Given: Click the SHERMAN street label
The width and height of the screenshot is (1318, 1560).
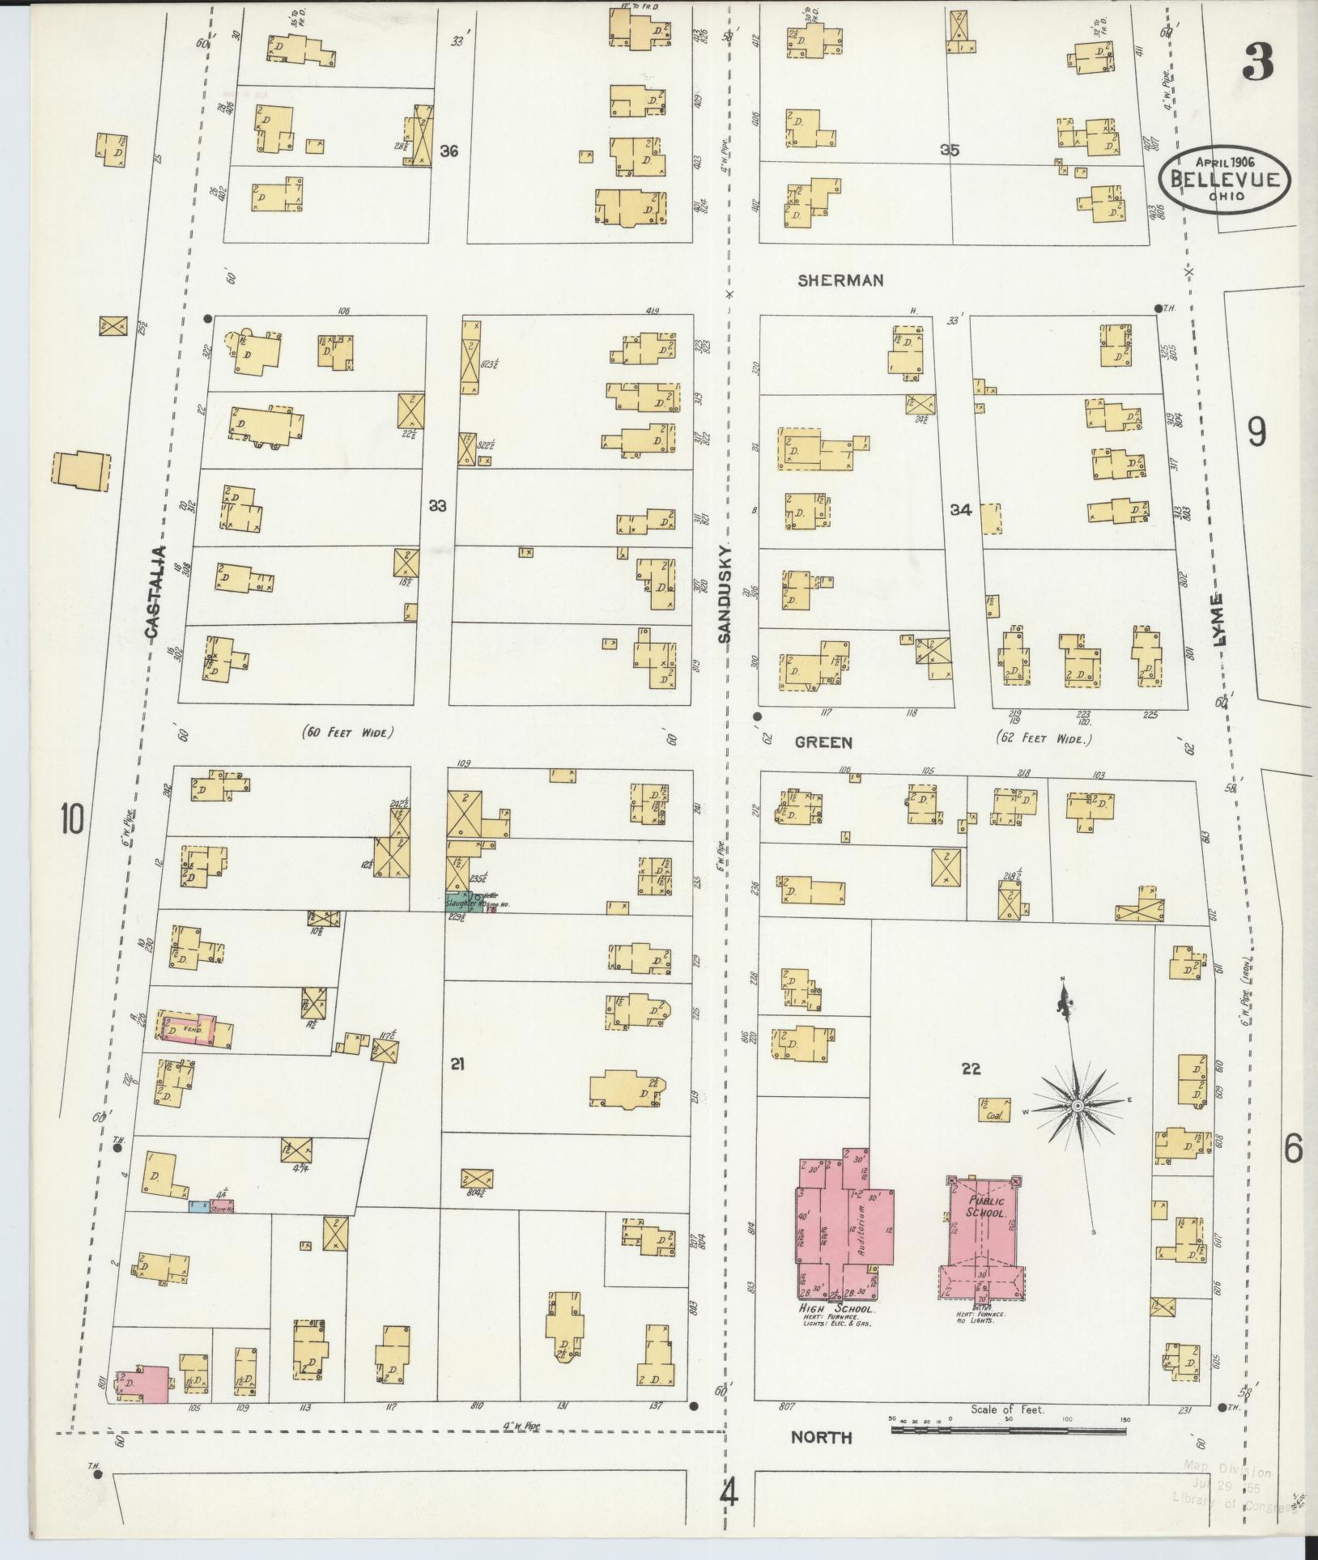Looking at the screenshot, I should (840, 280).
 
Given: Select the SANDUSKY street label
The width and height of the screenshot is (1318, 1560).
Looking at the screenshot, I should (724, 594).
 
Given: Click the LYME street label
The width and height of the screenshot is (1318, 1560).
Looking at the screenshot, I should (1219, 619).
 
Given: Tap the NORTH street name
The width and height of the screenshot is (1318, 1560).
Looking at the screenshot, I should (821, 1438).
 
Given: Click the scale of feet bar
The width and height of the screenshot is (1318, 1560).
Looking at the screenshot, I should (1008, 1431).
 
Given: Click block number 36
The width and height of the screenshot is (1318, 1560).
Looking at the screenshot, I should (449, 151).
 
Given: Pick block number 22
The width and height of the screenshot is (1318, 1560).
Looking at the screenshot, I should (971, 1069).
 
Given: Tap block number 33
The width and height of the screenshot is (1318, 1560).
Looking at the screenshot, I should (437, 506).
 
